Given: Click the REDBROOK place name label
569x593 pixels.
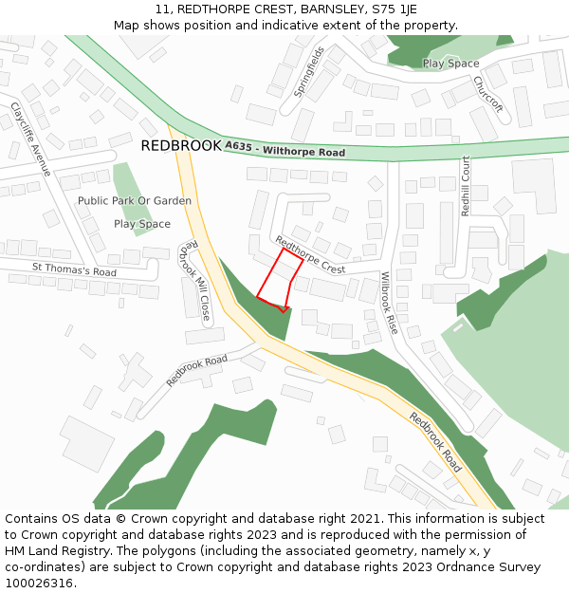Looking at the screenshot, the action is pos(180,146).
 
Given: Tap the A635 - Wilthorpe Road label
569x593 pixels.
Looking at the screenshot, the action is pos(284,150).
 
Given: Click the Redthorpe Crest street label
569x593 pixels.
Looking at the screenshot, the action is pos(309,255).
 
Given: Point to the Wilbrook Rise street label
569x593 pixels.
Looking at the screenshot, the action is pos(389,303).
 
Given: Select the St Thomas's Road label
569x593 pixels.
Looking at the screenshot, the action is pos(74,270).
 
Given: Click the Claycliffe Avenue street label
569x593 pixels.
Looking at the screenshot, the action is pos(29,139).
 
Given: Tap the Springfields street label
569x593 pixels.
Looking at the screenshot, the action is pos(309,72).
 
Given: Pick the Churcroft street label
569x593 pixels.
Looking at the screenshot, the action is pos(487,93).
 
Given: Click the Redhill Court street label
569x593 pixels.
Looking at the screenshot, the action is pos(466,186).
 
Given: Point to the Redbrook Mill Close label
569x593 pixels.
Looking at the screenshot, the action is pos(194,279).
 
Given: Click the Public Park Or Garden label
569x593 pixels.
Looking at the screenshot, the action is pos(135,201).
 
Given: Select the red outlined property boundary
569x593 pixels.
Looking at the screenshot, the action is pos(280,280).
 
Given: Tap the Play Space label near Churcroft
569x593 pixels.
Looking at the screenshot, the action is pos(450,64).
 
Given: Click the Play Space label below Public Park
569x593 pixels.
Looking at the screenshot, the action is pos(142,224).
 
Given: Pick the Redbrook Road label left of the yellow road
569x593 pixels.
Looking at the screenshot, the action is pos(197,369).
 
